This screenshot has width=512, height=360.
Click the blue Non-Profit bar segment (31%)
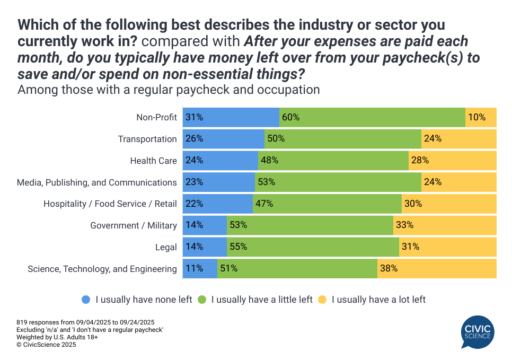point(231,117)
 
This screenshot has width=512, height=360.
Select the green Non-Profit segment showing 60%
point(372,117)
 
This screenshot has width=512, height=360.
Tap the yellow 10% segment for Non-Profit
point(481,117)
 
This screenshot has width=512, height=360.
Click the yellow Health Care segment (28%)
point(452,161)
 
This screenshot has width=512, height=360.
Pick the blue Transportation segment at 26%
point(224,139)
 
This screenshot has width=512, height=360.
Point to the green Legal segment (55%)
point(313,247)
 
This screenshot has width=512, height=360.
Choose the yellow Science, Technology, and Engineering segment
point(437,268)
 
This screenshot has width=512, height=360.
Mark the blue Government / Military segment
point(205,225)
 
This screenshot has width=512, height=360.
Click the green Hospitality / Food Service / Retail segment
point(327,204)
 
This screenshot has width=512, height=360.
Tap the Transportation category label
point(147,139)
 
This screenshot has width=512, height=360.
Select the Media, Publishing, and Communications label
point(97,182)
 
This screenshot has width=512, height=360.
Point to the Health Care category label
point(154,161)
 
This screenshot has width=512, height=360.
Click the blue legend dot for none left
point(86,300)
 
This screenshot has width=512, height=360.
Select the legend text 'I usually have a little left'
point(262,300)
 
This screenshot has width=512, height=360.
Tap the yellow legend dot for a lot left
point(322,300)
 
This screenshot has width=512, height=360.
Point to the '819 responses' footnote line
point(85,322)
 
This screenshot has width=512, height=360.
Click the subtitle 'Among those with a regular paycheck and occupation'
point(169,90)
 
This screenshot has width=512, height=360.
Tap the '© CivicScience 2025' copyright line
point(46,345)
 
